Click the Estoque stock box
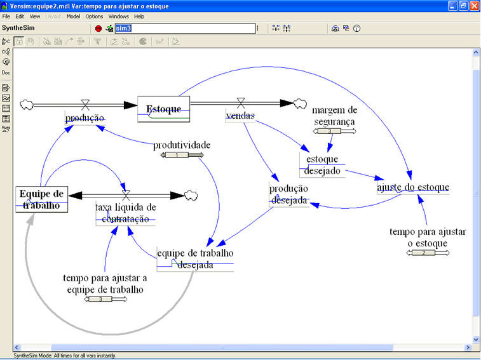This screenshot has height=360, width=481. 164,109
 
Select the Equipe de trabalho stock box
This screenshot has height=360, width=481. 42,199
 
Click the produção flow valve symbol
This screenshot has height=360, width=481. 85,103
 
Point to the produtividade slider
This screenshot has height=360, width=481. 182,155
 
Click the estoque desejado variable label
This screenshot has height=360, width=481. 322,165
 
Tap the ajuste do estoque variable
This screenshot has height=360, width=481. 413,187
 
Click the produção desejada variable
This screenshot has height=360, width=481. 288,194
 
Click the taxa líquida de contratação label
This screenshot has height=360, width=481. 125,213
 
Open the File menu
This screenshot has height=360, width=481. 7,16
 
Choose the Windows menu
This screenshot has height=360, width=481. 118,16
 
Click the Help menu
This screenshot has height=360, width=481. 139,16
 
